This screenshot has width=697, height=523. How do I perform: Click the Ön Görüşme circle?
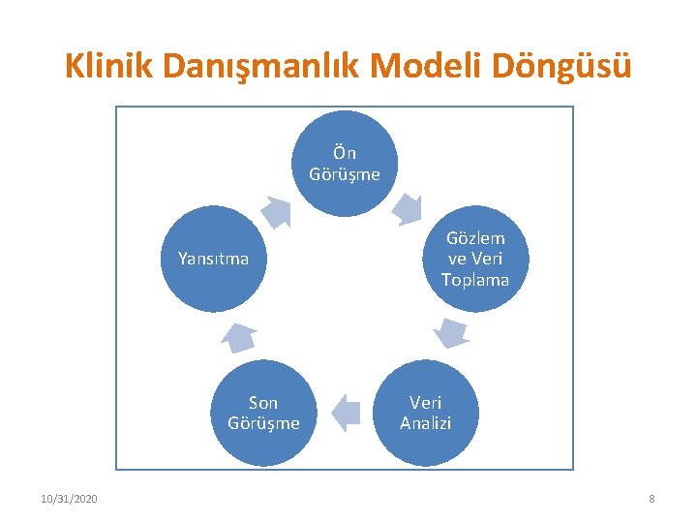pyautogui.click(x=345, y=164)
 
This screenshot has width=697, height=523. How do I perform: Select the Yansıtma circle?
pyautogui.click(x=213, y=259)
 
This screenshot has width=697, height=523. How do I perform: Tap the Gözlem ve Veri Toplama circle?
pyautogui.click(x=474, y=259)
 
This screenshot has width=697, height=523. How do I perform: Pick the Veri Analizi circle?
pyautogui.click(x=425, y=413)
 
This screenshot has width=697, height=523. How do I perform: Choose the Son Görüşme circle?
pyautogui.click(x=263, y=413)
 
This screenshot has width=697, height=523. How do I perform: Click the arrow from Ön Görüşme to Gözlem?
pyautogui.click(x=406, y=206)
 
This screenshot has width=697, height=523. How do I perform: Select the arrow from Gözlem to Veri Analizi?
pyautogui.click(x=450, y=332)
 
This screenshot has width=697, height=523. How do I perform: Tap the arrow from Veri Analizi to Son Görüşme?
pyautogui.click(x=345, y=413)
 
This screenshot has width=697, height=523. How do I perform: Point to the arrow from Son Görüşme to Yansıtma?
pyautogui.click(x=238, y=336)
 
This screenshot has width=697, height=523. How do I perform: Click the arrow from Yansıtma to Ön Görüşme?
pyautogui.click(x=276, y=210)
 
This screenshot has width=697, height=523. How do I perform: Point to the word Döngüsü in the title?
pyautogui.click(x=566, y=66)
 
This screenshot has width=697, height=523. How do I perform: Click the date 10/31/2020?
pyautogui.click(x=69, y=499)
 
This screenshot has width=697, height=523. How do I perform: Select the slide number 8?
pyautogui.click(x=652, y=499)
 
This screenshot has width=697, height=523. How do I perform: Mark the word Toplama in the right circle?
pyautogui.click(x=474, y=280)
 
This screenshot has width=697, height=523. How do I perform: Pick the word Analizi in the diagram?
pyautogui.click(x=425, y=423)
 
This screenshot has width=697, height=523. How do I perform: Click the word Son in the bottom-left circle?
pyautogui.click(x=263, y=402)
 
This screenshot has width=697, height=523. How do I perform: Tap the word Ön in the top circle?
pyautogui.click(x=345, y=153)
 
